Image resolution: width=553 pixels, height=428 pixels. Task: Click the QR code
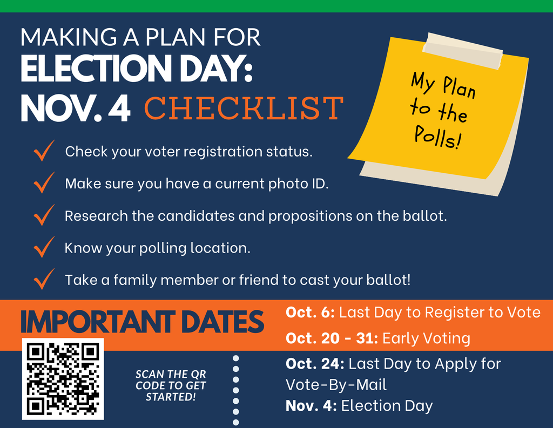coord(63,378)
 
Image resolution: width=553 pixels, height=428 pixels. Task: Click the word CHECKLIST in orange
coord(244,108)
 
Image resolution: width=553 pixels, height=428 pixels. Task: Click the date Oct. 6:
coord(311,312)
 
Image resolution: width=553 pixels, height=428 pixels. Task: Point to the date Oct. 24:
coord(315,364)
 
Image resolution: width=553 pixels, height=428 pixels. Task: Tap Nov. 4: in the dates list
coord(311,405)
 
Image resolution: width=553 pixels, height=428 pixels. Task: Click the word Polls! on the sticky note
coord(438,137)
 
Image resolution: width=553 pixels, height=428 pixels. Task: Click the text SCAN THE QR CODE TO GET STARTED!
coord(171,385)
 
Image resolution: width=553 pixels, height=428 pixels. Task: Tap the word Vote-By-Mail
coord(336,385)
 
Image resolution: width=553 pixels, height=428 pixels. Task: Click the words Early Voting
coord(426,338)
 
